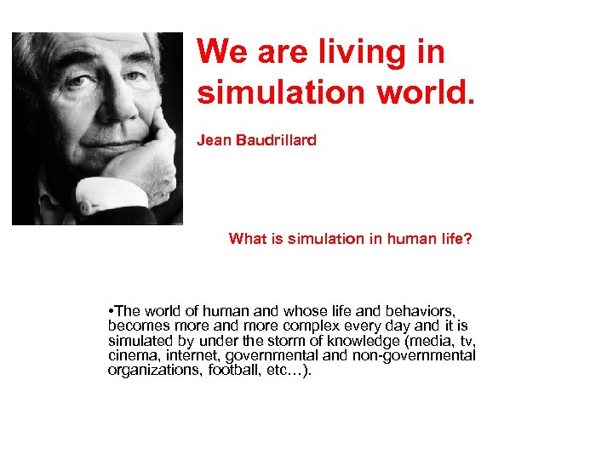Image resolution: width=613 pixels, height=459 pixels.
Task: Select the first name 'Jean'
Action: (215, 139)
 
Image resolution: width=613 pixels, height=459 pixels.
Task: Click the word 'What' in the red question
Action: (247, 240)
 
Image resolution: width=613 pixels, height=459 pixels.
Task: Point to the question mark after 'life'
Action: (467, 240)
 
